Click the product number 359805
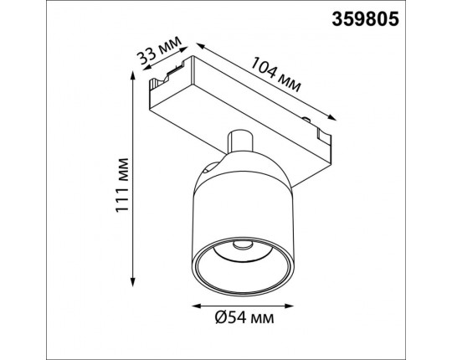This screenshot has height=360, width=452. point(365,19)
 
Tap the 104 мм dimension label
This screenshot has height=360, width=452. point(275,75)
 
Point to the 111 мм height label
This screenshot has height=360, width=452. point(121,185)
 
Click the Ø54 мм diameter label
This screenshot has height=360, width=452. point(244,318)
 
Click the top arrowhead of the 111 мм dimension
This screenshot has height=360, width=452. point(132,75)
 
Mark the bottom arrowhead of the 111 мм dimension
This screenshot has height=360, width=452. point(132,281)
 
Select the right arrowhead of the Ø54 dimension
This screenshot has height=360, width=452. point(289,306)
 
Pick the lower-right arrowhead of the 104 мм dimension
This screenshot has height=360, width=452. point(331,117)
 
